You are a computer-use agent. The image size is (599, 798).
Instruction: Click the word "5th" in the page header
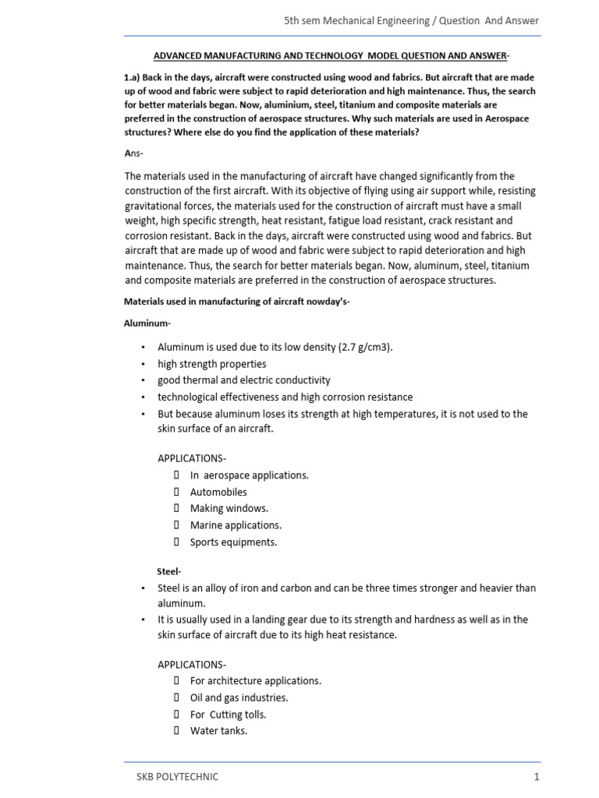pyautogui.click(x=292, y=20)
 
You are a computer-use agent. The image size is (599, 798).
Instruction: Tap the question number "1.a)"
pyautogui.click(x=135, y=77)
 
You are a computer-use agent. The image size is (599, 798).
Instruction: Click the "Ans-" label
pyautogui.click(x=133, y=153)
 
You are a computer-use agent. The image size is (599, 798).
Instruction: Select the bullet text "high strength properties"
pyautogui.click(x=211, y=364)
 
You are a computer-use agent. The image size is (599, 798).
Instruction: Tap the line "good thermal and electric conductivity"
pyautogui.click(x=243, y=380)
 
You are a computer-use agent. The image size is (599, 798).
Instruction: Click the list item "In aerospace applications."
pyautogui.click(x=249, y=475)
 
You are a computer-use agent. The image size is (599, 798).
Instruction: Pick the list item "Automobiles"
pyautogui.click(x=218, y=492)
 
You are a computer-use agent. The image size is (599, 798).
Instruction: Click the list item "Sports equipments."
pyautogui.click(x=233, y=542)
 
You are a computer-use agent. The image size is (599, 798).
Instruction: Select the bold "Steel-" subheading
pyautogui.click(x=169, y=571)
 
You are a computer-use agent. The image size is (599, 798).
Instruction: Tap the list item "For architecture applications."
pyautogui.click(x=255, y=680)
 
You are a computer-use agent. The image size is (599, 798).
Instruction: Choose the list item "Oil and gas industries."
pyautogui.click(x=239, y=697)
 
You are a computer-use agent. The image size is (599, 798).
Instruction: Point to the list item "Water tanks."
pyautogui.click(x=218, y=731)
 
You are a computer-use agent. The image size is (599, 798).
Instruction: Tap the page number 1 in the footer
pyautogui.click(x=537, y=776)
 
